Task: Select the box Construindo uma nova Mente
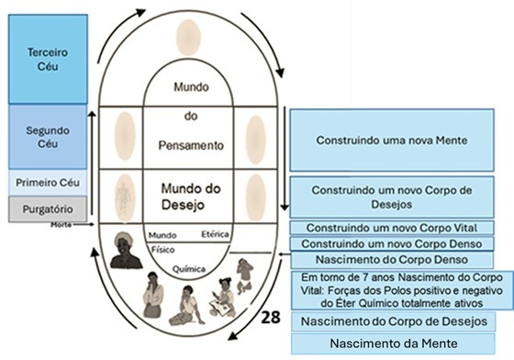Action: click(392, 141)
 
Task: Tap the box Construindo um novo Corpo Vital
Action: click(392, 227)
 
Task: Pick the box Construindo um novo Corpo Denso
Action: click(392, 242)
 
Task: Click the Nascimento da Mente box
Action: click(392, 343)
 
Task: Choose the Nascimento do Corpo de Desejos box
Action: click(392, 321)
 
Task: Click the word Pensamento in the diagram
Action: click(193, 144)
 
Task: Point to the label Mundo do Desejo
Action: click(193, 194)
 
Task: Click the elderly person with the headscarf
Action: click(126, 251)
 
